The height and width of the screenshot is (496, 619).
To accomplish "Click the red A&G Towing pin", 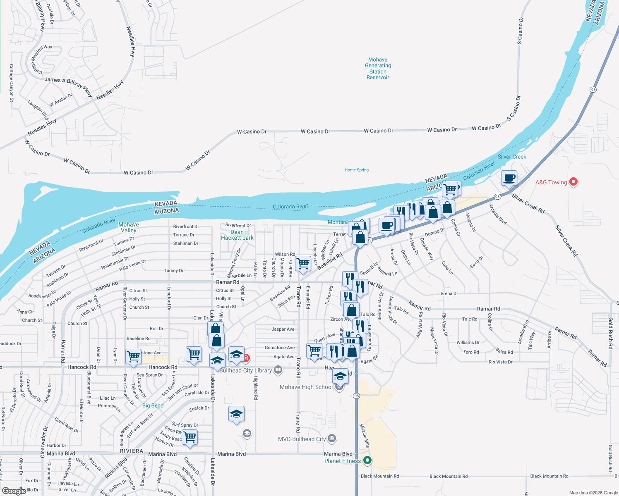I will coord(573,181).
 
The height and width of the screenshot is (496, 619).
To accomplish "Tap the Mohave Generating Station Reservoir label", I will coord(378,69).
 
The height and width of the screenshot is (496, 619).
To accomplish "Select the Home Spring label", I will coord(356,170).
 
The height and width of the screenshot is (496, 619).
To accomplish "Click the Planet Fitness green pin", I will coord(367,460).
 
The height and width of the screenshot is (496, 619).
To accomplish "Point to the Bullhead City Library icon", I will coord(278,370).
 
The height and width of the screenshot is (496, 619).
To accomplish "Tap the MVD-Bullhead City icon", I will coord(331,439).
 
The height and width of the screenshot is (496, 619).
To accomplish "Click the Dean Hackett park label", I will coord(237,235).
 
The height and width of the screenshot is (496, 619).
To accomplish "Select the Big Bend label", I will coord(153,405).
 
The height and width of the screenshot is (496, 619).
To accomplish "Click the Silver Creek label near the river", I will coord(512,157).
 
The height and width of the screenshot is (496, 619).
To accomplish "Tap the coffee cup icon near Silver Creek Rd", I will coord(509,178).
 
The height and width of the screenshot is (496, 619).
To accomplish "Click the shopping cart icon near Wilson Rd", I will coord(303,263).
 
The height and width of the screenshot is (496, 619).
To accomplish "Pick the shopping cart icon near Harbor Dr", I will coord(190,437).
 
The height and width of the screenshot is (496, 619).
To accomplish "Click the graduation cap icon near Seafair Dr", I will coord(236,414).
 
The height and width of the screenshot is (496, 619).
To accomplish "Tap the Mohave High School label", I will coord(306,387).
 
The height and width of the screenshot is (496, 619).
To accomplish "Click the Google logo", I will coord(14,491).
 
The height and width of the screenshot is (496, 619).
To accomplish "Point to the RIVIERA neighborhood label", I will coord(132,451).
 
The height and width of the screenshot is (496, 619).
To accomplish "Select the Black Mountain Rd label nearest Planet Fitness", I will coord(380,476).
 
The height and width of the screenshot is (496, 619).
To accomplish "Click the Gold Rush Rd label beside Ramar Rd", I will coord(610,334).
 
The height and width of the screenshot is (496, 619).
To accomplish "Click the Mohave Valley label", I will coord(129,227).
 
